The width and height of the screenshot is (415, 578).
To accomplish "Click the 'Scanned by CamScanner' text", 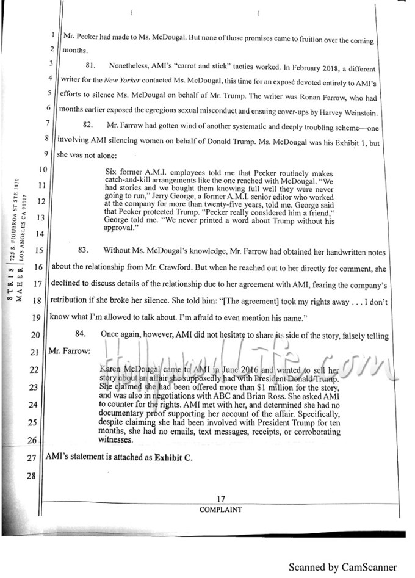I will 342,566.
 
